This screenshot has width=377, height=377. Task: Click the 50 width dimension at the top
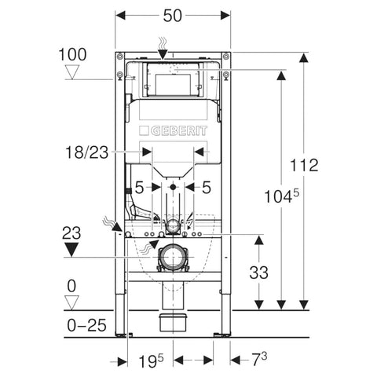tap(173, 16)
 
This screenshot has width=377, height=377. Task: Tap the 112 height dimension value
tap(304, 165)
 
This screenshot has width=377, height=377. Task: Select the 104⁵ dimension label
tap(281, 196)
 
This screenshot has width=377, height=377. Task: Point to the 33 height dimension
tap(258, 273)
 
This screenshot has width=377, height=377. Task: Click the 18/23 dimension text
tap(86, 152)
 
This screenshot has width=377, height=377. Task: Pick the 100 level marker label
tap(72, 55)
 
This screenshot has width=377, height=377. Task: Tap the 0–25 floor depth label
tap(86, 325)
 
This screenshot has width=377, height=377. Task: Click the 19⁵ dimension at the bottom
tap(151, 361)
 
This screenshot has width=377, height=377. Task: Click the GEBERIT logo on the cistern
tap(174, 131)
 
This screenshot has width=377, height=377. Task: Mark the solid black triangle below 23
tap(71, 250)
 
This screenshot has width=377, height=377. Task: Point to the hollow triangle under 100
tap(72, 72)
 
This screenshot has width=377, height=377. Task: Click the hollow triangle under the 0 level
tap(71, 303)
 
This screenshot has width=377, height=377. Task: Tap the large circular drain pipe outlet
tap(173, 257)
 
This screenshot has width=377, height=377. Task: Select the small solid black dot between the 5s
tap(173, 187)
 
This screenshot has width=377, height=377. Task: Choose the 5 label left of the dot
tap(139, 188)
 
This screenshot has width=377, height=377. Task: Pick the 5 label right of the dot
tap(207, 188)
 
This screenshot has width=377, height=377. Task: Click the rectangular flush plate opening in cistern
tap(173, 84)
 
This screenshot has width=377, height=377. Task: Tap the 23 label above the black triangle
tap(71, 233)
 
